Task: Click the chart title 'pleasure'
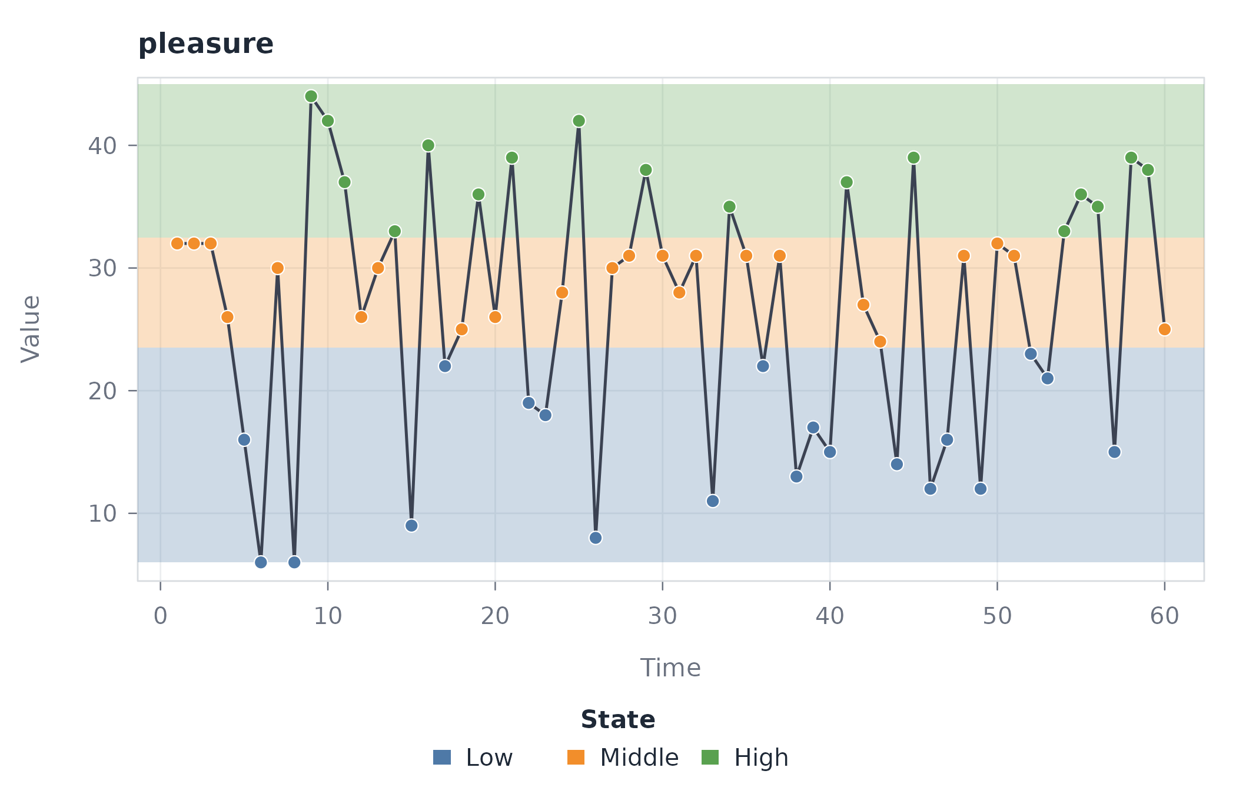point(205,44)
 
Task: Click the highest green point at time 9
point(311,96)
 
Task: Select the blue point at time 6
point(261,562)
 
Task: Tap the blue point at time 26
point(596,538)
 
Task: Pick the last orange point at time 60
point(1164,329)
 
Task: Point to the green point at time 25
point(579,121)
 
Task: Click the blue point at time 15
point(411,526)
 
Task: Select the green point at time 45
point(913,158)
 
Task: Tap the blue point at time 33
point(713,501)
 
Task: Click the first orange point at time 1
point(177,243)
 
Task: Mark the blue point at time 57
point(1114,452)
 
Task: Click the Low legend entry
point(473,758)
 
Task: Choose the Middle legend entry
point(623,758)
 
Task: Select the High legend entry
point(745,758)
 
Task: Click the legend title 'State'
point(618,720)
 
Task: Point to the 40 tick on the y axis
point(133,145)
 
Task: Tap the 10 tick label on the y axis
point(102,513)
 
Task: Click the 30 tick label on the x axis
point(662,616)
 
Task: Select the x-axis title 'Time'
point(670,668)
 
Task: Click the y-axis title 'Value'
point(31,329)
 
